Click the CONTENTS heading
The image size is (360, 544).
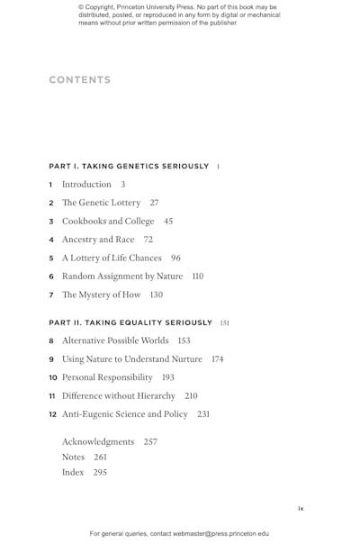click(x=80, y=80)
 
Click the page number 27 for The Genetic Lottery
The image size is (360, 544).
click(x=155, y=203)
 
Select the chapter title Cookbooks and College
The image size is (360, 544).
click(x=108, y=222)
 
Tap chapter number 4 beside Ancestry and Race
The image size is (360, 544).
click(x=51, y=240)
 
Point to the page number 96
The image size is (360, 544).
click(x=175, y=258)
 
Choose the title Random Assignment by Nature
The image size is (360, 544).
click(x=122, y=277)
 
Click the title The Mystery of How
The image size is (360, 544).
click(x=100, y=295)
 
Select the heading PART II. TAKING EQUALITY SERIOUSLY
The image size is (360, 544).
click(x=130, y=322)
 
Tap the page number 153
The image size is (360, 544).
click(x=184, y=341)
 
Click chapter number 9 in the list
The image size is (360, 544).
click(x=51, y=359)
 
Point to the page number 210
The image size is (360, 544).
click(x=191, y=396)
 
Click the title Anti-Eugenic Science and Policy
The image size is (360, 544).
click(x=125, y=414)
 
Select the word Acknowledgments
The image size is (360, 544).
click(x=98, y=442)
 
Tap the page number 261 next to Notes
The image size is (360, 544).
click(x=100, y=458)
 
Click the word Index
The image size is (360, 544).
click(x=73, y=472)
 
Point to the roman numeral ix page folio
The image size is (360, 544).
click(x=301, y=509)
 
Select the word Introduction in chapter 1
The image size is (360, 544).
click(x=86, y=185)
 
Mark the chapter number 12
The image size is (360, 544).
click(x=53, y=414)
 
